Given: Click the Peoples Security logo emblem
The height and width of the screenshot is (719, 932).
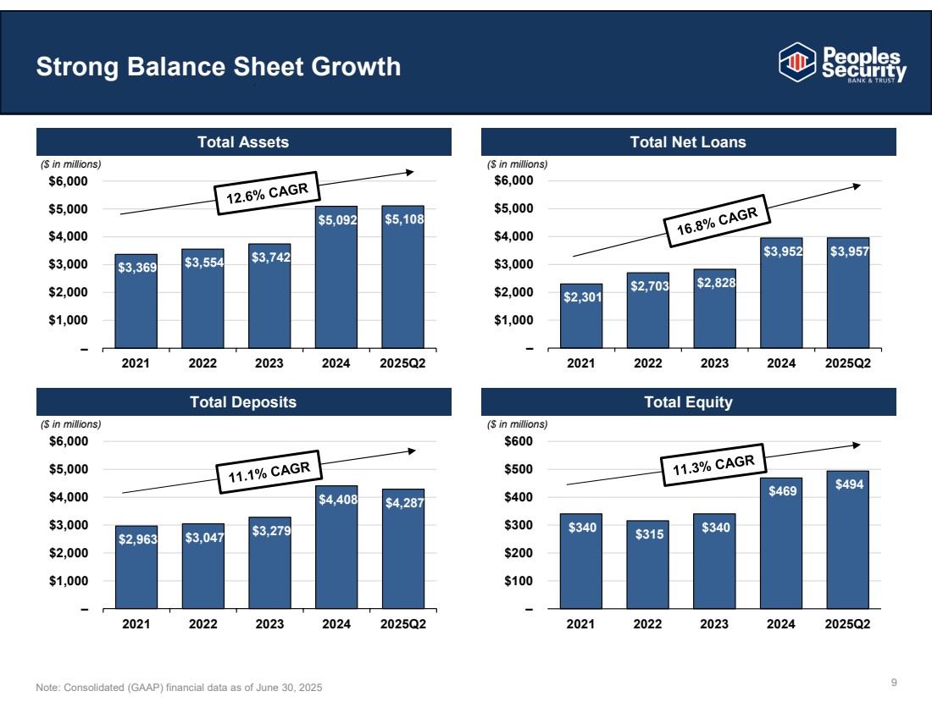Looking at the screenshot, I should point(795,61).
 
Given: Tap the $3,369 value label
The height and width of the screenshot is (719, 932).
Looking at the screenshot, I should point(136,268).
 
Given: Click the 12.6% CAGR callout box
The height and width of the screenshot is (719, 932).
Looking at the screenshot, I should point(266,193).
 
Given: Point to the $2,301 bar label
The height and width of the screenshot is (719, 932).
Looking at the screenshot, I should point(580,297).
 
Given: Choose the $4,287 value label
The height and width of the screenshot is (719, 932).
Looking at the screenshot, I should point(403,503).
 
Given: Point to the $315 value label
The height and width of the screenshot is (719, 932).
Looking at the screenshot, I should point(647,534).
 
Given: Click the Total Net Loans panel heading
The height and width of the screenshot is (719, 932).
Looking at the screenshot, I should point(688,142).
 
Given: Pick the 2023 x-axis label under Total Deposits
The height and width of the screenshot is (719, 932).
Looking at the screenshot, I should point(269,625).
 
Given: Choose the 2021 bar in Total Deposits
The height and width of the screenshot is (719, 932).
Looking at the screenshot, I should point(136,567).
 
